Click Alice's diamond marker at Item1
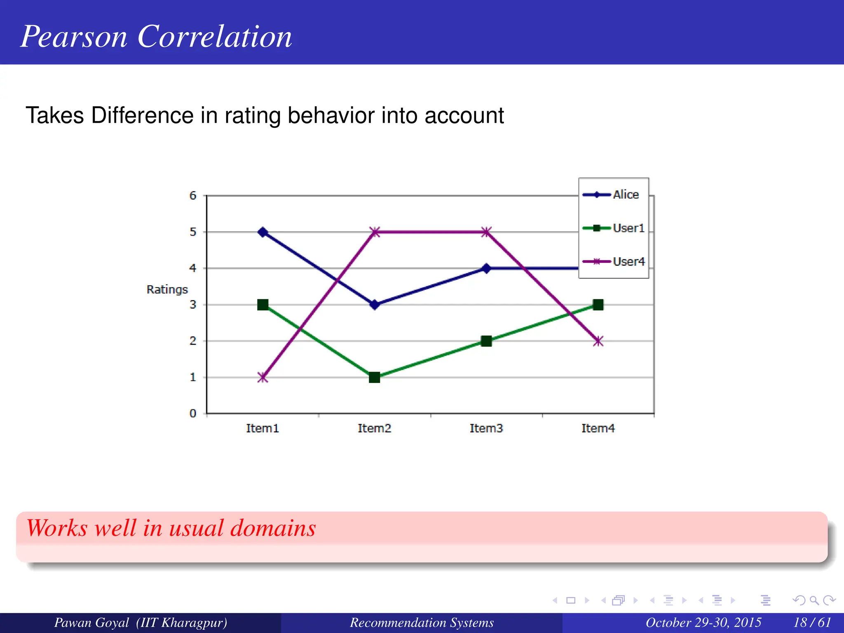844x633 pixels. [x=263, y=232]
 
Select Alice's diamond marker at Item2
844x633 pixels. [x=374, y=305]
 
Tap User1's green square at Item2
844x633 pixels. [x=374, y=377]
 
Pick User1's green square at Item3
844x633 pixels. [x=486, y=341]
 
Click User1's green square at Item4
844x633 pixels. [x=598, y=305]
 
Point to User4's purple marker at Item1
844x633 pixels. [x=263, y=377]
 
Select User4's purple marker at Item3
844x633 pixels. [x=486, y=232]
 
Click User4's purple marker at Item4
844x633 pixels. [x=598, y=341]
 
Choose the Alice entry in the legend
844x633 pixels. [x=625, y=195]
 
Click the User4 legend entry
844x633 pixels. [x=628, y=262]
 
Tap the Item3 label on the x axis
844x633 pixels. [x=486, y=429]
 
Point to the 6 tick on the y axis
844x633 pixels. [x=193, y=196]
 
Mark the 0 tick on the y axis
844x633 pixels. [x=193, y=413]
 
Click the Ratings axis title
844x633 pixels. [x=167, y=290]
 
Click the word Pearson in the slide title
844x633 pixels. [x=74, y=37]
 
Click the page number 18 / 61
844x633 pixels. [x=812, y=622]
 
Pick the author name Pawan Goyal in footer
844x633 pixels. [x=91, y=622]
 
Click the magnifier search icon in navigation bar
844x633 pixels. [x=814, y=600]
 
